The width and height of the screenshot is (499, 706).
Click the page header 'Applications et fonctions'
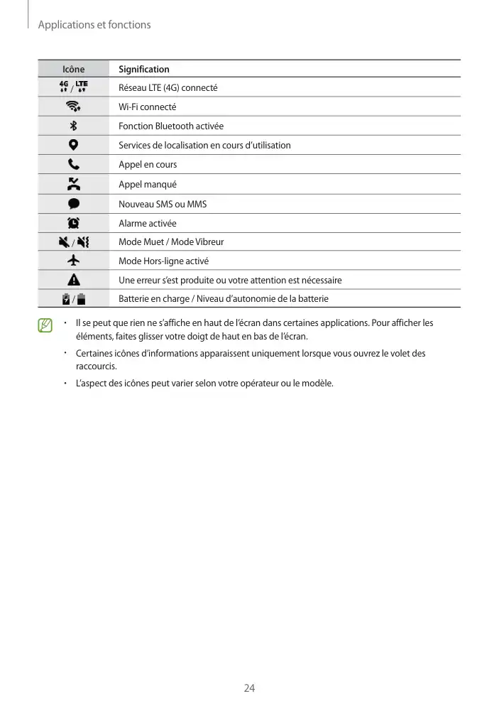(x=94, y=25)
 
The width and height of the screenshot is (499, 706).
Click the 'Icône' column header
(x=73, y=69)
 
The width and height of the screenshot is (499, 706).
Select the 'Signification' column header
(x=144, y=69)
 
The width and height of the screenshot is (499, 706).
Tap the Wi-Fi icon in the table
(x=73, y=107)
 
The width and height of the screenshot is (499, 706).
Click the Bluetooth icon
(x=73, y=126)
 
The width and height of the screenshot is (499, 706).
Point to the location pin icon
(x=73, y=145)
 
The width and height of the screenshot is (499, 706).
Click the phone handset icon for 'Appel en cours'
(x=73, y=164)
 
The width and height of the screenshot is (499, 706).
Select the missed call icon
(x=73, y=184)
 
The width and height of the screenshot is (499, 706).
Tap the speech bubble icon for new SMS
(x=73, y=204)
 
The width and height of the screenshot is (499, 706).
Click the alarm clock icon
(x=73, y=223)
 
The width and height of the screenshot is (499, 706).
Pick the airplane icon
(x=73, y=261)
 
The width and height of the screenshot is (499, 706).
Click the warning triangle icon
(x=73, y=280)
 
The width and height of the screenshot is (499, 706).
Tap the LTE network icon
(x=82, y=87)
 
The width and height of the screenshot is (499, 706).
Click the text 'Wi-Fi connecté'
(x=147, y=107)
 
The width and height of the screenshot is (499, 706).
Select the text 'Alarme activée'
(x=147, y=223)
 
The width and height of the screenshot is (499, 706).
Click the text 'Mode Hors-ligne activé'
(x=163, y=261)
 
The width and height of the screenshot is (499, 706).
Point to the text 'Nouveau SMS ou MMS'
(x=163, y=204)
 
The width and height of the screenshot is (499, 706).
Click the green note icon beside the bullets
(x=46, y=326)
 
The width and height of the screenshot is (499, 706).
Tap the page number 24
(x=249, y=688)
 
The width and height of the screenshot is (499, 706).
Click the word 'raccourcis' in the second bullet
(x=95, y=366)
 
